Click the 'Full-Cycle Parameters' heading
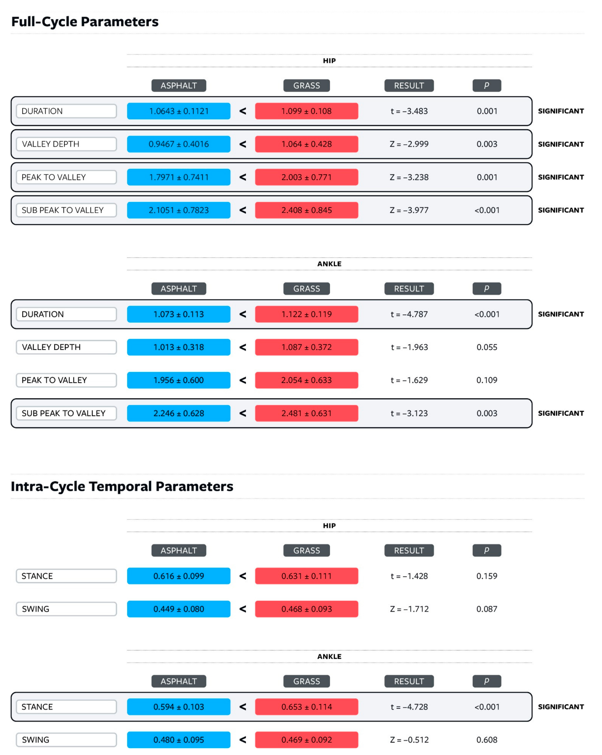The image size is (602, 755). [85, 22]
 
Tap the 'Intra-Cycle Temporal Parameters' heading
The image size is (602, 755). [122, 486]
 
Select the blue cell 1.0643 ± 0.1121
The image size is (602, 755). [179, 111]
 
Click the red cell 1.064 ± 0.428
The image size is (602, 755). [306, 144]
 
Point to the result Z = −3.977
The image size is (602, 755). [409, 210]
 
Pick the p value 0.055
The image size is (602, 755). [487, 347]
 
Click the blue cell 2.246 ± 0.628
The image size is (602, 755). [179, 413]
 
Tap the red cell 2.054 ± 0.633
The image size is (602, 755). [306, 380]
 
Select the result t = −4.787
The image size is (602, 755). [409, 314]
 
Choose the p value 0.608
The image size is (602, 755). [487, 740]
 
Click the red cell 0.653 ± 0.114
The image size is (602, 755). [306, 707]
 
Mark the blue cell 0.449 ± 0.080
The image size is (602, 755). [179, 609]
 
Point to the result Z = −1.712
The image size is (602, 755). [409, 609]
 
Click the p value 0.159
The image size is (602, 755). [487, 576]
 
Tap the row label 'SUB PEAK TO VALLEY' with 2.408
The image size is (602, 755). [66, 210]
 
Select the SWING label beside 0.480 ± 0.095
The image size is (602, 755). [66, 740]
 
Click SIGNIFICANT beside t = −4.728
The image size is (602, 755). [561, 707]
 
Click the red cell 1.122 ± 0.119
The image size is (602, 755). [306, 314]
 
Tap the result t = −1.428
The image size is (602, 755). [409, 576]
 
